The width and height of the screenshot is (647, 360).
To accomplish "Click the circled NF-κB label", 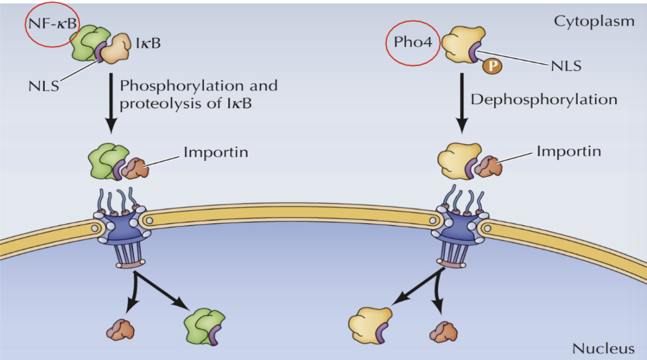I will coord(52,24).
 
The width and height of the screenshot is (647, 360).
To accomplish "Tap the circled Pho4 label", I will coord(413,42).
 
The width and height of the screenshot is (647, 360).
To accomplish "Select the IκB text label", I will coord(148,43).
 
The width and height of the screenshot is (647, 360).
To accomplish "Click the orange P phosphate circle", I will coord(492,66).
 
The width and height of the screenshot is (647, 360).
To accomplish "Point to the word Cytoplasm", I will coord(594,21).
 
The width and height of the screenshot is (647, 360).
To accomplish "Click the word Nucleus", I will coord(603,348).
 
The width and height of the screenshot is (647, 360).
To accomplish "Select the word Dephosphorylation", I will coord(544,100).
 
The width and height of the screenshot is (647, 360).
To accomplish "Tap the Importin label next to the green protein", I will coord(216,152).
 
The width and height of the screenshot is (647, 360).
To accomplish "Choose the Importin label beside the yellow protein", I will coord(569,151).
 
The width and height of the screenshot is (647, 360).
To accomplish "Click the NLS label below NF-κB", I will coord(43,86).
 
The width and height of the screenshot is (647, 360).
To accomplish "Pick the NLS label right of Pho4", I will coord(566,66).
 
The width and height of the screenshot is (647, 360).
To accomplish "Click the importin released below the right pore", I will coord(443,332).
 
